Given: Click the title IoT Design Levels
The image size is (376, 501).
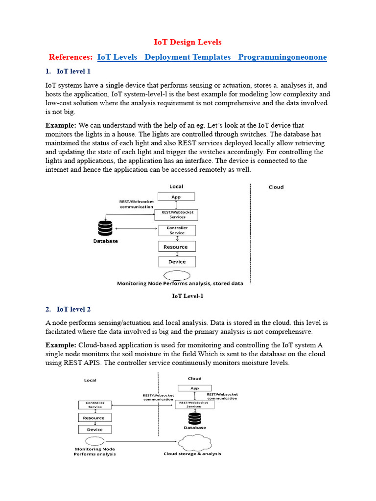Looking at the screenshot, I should point(188,43).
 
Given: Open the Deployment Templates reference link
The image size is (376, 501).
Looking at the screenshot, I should point(212,57).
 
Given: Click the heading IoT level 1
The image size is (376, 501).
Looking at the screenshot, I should point(73,71).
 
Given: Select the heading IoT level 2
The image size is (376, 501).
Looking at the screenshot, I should point(73,309).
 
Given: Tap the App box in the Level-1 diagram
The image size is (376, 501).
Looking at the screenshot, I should point(176,197).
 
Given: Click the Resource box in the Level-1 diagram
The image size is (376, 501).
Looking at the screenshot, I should point(176,247).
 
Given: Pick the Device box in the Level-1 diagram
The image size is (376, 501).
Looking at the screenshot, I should point(177,262).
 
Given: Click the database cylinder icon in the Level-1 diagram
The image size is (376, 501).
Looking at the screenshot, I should point(105,228).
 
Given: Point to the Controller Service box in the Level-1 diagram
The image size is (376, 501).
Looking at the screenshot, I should point(177,230).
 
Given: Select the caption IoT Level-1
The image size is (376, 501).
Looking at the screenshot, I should point(188,296).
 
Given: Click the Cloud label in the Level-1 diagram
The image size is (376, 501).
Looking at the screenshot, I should point(276,187).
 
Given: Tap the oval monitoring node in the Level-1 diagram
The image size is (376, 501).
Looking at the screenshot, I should point(179,275).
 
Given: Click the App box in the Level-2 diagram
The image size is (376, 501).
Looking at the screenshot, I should point(194,388).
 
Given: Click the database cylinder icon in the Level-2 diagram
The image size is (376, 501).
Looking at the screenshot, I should point(195,418).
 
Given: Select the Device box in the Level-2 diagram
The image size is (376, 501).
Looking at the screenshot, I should point(94,430).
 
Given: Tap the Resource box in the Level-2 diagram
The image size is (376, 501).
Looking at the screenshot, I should point(94,418).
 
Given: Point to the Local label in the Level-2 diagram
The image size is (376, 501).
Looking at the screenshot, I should point(90,380).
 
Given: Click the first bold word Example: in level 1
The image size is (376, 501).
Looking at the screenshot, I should point(61,126).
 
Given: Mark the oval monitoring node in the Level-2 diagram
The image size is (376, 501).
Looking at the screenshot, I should point(94,441).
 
